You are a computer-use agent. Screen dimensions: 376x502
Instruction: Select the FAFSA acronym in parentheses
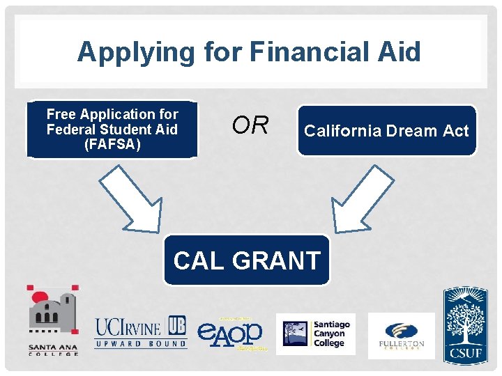[x=112, y=145]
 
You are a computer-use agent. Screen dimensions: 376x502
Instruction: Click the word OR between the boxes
[x=250, y=125]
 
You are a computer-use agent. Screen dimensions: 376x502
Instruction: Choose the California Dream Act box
[x=387, y=130]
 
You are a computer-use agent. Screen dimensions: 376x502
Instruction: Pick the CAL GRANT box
[x=247, y=260]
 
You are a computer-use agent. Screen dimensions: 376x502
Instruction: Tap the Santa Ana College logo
[x=53, y=320]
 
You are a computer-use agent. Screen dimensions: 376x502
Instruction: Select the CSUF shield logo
[x=466, y=325]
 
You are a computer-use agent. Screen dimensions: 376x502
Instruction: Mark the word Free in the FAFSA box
[x=61, y=114]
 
